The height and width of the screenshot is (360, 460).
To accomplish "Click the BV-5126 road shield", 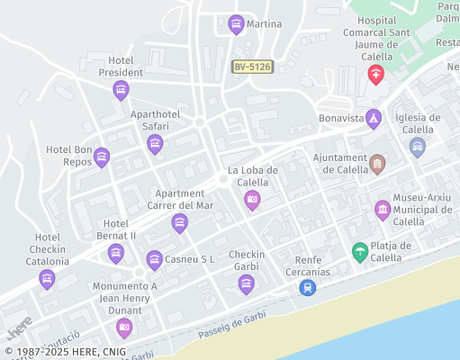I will tap(252, 67).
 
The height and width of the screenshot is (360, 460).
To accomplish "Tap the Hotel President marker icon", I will tap(121, 90).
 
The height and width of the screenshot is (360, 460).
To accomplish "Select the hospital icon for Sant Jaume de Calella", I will tap(376, 74).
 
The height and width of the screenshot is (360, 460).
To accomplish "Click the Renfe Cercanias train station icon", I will tap(308, 287).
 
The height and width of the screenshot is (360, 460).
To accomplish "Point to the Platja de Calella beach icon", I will tap(360, 252).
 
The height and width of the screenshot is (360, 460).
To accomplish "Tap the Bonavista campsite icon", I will tap(374, 119).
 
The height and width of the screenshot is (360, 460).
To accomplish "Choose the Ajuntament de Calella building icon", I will tap(377, 165).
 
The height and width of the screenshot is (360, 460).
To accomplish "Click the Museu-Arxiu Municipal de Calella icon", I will tap(383, 211).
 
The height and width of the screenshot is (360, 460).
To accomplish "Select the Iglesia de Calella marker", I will tap(417, 147).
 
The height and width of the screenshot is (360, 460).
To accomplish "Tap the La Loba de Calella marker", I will tap(252, 200).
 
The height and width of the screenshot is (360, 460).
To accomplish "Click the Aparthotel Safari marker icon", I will tap(155, 144).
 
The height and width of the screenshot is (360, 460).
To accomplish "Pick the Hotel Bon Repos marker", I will tap(102, 158).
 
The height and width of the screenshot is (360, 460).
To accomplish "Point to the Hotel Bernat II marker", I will tap(116, 254).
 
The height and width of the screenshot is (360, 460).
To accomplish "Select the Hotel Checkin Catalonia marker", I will tap(47, 280).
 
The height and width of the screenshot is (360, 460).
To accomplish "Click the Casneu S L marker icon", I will tap(155, 260).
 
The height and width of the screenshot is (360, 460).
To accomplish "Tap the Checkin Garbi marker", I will tap(246, 285).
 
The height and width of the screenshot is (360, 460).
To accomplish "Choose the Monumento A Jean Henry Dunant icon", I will tap(124, 328).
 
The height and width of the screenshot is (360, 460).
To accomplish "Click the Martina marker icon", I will tap(236, 24).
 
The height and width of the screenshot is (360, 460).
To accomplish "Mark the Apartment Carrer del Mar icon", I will tap(180, 223).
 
